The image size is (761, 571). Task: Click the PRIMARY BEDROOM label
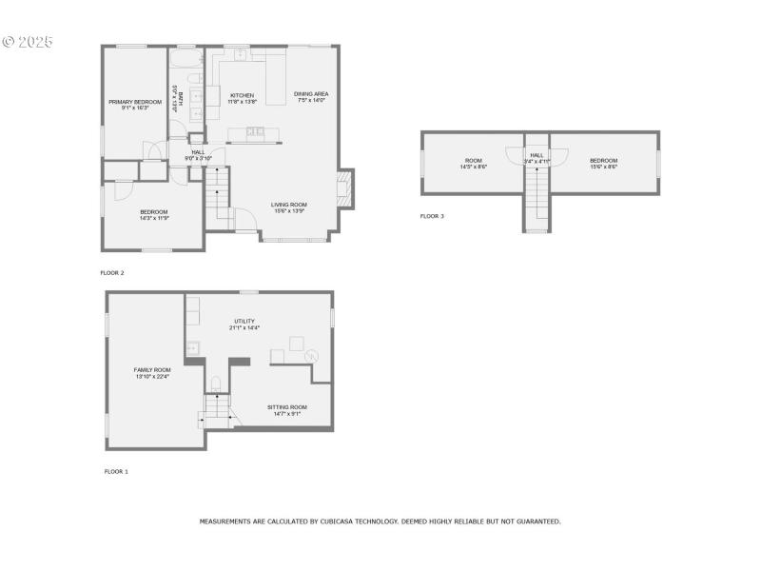point(134,102)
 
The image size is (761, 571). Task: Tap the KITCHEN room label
point(243,95)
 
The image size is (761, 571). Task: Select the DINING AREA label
point(311,93)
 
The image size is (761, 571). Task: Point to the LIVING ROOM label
point(288,204)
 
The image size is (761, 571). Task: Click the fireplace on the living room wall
point(347,188)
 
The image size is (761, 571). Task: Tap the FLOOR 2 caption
point(112,273)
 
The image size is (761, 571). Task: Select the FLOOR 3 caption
point(432,216)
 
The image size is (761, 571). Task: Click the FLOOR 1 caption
point(116,471)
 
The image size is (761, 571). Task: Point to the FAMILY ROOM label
point(152,369)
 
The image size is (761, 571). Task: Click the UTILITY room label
point(244,321)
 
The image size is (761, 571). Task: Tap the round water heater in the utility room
point(312,354)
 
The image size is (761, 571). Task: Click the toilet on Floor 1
point(216,384)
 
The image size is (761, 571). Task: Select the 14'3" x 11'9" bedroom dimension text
point(154,218)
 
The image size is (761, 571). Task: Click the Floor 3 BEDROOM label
point(603,160)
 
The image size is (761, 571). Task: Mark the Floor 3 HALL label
point(537,154)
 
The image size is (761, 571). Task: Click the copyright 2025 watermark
point(29,42)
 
